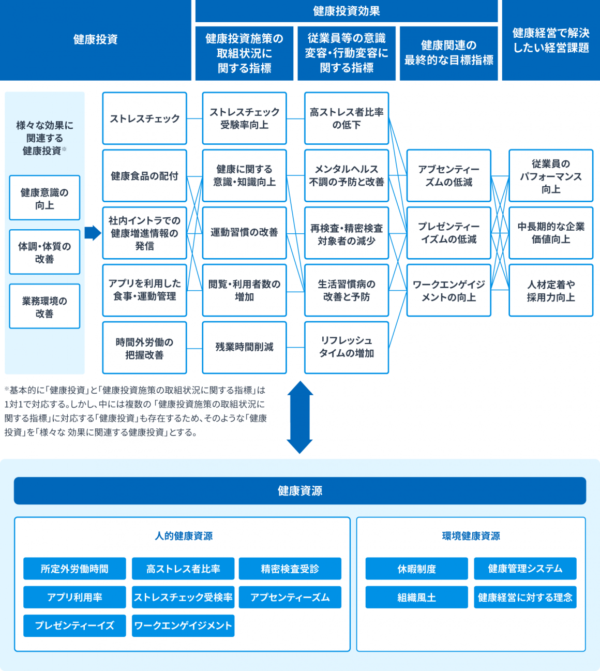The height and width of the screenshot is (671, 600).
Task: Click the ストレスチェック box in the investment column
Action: pyautogui.click(x=145, y=118)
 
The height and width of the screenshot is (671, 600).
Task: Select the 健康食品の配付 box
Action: pyautogui.click(x=145, y=175)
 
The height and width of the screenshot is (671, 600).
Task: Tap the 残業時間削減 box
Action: pyautogui.click(x=244, y=348)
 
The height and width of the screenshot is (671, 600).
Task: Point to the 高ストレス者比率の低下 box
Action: pyautogui.click(x=347, y=118)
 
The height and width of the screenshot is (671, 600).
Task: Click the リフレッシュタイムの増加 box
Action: pyautogui.click(x=347, y=348)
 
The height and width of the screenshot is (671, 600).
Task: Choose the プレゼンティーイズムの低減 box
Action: pyautogui.click(x=448, y=233)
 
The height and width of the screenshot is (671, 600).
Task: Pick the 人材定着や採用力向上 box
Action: pyautogui.click(x=551, y=290)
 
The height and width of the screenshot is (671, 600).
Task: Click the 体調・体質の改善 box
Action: pyautogui.click(x=44, y=252)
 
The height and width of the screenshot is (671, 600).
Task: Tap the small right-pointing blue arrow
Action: pyautogui.click(x=93, y=233)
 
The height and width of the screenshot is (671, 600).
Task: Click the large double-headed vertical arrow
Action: pyautogui.click(x=299, y=417)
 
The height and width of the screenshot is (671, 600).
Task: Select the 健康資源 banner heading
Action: pyautogui.click(x=300, y=490)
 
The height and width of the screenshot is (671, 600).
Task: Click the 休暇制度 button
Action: pyautogui.click(x=416, y=569)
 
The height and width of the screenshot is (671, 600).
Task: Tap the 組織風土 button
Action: pyautogui.click(x=416, y=597)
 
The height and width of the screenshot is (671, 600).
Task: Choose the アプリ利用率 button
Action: pyautogui.click(x=74, y=597)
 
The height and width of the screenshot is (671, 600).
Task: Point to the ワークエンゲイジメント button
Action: pyautogui.click(x=183, y=625)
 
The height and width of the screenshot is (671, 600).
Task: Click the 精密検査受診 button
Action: pyautogui.click(x=290, y=569)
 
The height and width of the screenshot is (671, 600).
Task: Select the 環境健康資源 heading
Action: pyautogui.click(x=471, y=536)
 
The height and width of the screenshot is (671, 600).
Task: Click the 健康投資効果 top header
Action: pyautogui.click(x=347, y=11)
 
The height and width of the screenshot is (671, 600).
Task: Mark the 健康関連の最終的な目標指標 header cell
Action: pyautogui.click(x=448, y=53)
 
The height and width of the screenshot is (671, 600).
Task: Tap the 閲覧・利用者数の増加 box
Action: pyautogui.click(x=244, y=290)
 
